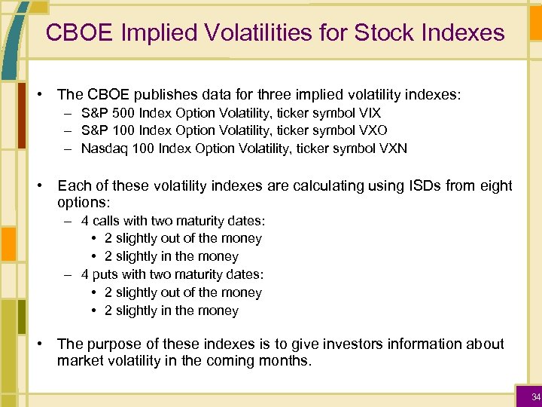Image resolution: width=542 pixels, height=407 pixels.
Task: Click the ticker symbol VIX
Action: pos(370,112)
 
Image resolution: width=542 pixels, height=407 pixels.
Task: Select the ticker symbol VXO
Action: pos(370,130)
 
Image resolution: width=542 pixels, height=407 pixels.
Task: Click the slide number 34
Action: pos(535,397)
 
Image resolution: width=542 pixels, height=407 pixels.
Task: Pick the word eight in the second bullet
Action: pos(495,185)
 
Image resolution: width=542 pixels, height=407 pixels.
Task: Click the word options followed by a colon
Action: pos(83,203)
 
